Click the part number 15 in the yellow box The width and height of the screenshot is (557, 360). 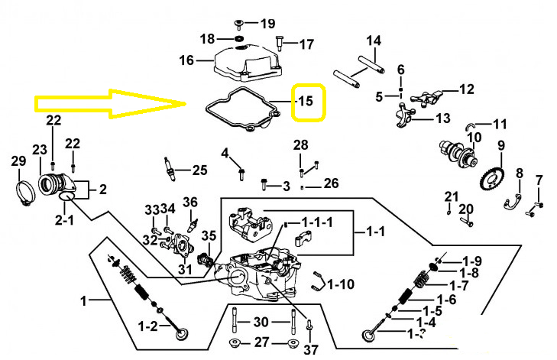[x=306, y=101]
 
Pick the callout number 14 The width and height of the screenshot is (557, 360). [x=374, y=41]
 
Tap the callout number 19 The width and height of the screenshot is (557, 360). [x=268, y=23]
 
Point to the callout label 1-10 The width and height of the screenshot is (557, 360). [x=342, y=284]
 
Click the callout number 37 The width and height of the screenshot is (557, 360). [x=310, y=350]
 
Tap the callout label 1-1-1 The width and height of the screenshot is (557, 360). [x=317, y=222]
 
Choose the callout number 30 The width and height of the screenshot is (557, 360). [x=261, y=322]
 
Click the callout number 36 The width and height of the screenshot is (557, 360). [x=189, y=203]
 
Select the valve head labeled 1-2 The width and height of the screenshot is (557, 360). [x=183, y=334]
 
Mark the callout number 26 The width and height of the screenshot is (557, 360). [x=331, y=183]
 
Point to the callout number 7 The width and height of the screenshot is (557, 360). [x=539, y=180]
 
